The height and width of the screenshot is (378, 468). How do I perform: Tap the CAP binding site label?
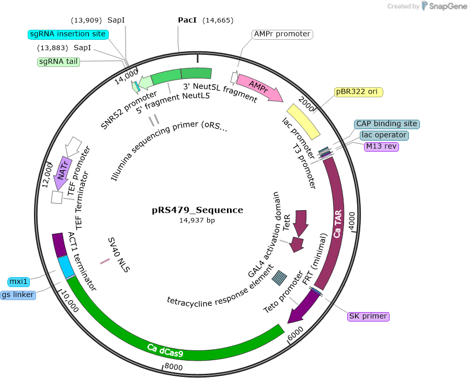pos(386,124)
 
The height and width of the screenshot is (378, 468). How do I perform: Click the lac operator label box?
pos(384,135)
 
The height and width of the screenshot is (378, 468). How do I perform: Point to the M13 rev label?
pos(381,146)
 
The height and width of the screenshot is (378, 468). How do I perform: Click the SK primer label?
pos(368,316)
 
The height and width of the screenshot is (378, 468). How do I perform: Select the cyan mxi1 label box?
pos(18,282)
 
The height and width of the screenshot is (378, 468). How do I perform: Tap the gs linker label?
pos(18,295)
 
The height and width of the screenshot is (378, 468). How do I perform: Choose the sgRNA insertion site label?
pos(68,34)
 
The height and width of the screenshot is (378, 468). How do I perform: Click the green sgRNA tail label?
pos(59,62)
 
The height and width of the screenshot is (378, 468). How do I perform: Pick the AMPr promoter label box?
pos(282,35)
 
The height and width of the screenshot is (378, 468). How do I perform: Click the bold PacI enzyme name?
pos(187,20)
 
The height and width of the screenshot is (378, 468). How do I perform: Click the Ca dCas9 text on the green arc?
pos(165,351)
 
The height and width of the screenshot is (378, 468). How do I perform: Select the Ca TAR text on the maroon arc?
pos(337,224)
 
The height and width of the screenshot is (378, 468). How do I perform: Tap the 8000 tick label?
pos(174,366)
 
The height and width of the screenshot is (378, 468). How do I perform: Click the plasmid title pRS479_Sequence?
pos(197,210)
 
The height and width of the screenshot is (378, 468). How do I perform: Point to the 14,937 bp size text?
pos(197,221)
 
